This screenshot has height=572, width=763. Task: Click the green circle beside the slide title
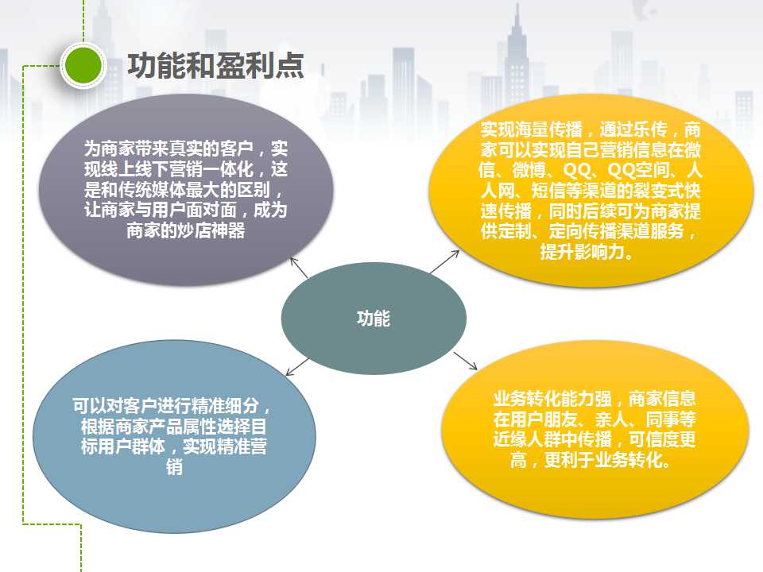click(x=83, y=65)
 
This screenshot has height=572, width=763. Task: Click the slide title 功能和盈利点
click(x=215, y=65)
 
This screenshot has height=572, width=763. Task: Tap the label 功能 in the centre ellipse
click(x=374, y=319)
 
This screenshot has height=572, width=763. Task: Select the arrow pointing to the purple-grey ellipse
click(x=299, y=268)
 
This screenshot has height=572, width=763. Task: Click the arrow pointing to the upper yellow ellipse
click(x=445, y=261)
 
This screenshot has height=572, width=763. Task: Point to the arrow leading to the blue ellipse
click(x=297, y=367)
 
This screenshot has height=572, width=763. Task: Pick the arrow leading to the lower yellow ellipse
click(x=465, y=361)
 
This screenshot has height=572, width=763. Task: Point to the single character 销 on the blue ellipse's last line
click(x=174, y=467)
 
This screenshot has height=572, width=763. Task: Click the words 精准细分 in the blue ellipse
click(x=225, y=405)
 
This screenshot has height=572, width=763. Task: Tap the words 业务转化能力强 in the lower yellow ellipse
click(x=552, y=398)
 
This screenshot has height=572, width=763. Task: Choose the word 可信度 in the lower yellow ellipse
click(x=654, y=439)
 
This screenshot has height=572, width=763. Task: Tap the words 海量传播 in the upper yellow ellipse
click(x=548, y=129)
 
